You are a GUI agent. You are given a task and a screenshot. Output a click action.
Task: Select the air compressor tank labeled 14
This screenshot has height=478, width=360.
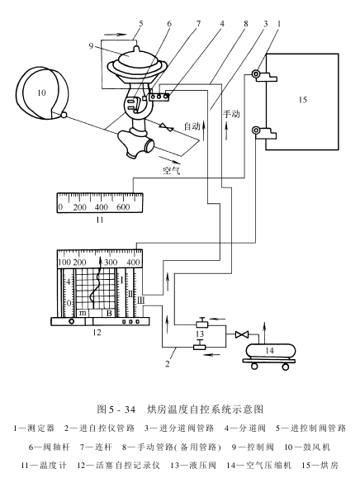coord(269,351)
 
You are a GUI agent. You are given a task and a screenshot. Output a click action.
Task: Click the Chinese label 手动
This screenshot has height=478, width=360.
coord(231,114)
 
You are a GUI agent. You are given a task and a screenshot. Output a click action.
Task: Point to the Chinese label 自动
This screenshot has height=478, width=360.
coord(192,125)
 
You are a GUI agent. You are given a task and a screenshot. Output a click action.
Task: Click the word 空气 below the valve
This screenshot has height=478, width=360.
coord(172,170)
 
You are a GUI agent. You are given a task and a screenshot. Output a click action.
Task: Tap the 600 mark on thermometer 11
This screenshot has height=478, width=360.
coord(123,207)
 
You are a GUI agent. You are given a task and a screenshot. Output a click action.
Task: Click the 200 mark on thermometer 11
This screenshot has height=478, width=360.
coord(80,207)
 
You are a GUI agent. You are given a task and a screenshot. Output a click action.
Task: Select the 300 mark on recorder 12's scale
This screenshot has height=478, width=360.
coord(111,262)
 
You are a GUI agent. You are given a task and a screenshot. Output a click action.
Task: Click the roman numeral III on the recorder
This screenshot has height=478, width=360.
coord(140,301)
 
